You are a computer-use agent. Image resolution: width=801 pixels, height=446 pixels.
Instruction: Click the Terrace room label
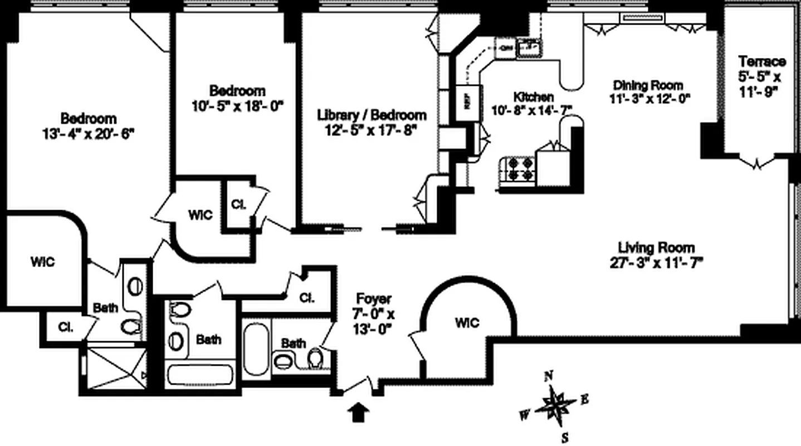click(761, 61)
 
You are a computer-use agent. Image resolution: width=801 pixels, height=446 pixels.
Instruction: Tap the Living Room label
click(656, 248)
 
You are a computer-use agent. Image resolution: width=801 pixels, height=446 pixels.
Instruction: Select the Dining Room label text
click(648, 85)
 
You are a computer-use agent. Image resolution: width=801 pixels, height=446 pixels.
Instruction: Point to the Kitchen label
click(533, 96)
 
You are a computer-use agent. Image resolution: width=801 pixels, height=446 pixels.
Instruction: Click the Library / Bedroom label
click(372, 115)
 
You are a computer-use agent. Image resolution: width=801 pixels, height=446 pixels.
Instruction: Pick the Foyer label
click(374, 299)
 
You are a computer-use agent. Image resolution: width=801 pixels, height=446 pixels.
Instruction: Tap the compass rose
click(556, 405)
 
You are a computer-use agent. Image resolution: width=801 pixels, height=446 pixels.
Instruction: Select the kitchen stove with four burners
click(517, 169)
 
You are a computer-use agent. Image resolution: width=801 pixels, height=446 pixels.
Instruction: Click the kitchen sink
click(530, 49)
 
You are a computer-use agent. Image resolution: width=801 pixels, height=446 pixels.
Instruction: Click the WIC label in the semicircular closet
click(467, 323)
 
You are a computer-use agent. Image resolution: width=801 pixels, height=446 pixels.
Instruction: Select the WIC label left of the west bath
click(42, 261)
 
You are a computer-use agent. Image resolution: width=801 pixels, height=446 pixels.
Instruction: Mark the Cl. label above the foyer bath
click(306, 298)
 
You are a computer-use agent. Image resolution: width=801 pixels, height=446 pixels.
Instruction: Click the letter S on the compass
click(564, 437)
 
